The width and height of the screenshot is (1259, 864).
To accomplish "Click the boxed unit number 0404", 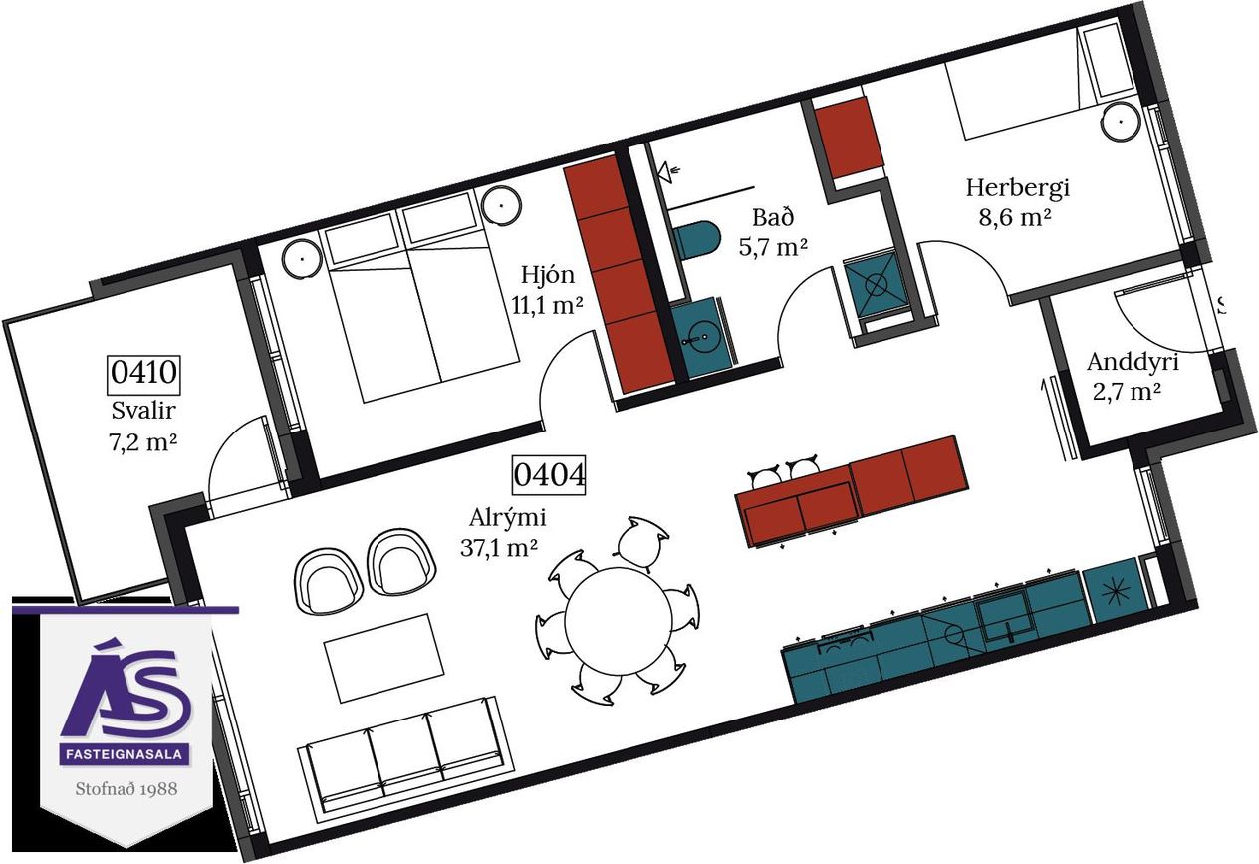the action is tap(549, 475).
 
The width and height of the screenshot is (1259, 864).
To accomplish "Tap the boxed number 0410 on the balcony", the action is tap(143, 373).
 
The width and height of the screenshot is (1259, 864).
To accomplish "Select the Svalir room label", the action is tap(143, 411).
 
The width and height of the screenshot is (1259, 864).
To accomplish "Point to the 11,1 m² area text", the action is tap(547, 305).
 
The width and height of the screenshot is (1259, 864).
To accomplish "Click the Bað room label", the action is tap(773, 217).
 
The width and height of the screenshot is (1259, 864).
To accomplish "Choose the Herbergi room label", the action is tap(1017, 188).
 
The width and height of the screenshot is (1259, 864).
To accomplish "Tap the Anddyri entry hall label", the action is tap(1133, 363).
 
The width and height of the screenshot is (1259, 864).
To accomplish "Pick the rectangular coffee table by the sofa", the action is tap(383, 657).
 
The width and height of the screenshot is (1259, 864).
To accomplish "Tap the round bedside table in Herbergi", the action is tap(1121, 122).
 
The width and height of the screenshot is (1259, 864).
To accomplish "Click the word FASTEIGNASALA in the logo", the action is tap(125, 754).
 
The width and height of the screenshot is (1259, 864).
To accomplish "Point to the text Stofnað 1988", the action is tap(126, 788).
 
